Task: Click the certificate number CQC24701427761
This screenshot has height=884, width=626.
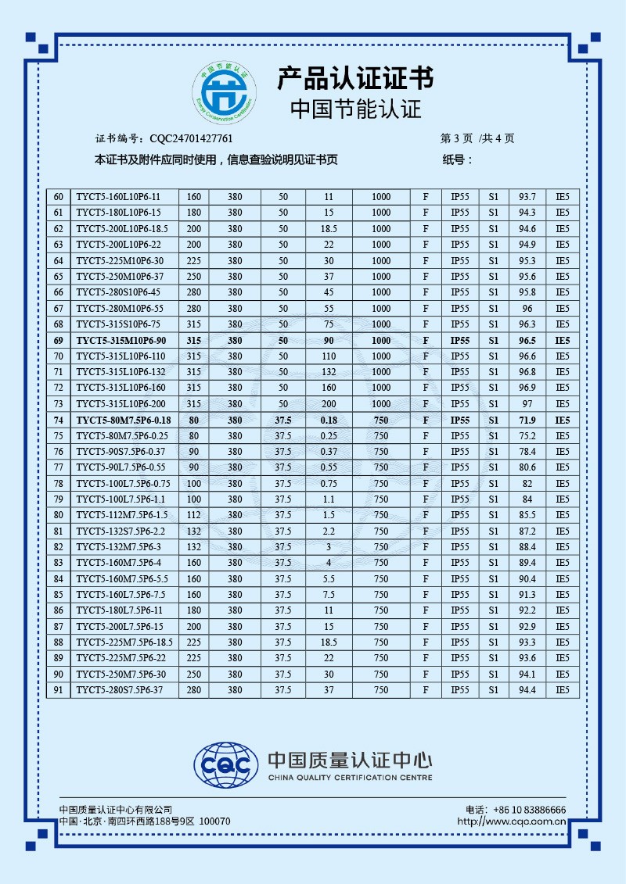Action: click(191, 139)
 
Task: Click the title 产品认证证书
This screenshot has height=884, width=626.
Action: click(355, 78)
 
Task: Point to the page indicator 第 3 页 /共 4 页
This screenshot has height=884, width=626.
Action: click(478, 139)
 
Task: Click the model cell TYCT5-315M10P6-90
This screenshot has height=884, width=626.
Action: click(121, 341)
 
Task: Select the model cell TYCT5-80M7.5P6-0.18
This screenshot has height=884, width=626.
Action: click(124, 421)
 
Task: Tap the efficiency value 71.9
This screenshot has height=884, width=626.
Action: click(527, 421)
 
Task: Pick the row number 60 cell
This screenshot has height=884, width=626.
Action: click(58, 197)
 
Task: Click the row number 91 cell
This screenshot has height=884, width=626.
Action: click(58, 690)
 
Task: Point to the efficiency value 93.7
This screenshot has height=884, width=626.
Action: click(527, 197)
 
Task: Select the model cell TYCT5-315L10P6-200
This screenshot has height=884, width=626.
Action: click(121, 404)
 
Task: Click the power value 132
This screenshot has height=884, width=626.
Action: click(329, 372)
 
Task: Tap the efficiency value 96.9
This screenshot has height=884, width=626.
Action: click(527, 388)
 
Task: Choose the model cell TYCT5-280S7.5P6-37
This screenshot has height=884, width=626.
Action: click(119, 690)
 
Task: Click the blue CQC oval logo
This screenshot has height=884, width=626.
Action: click(226, 761)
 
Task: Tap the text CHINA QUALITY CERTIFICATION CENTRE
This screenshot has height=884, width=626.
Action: click(350, 778)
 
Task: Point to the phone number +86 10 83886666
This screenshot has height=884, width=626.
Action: click(527, 810)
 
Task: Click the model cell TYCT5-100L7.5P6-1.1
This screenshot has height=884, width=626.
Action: click(116, 499)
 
